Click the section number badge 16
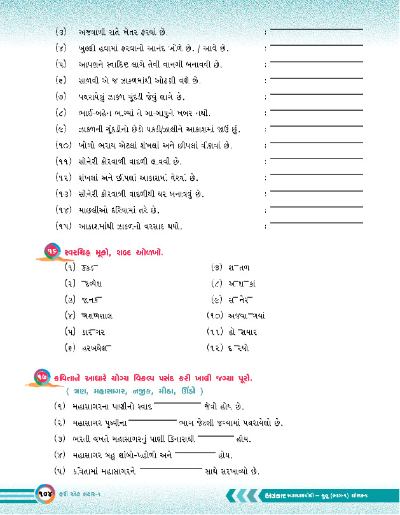pos(51,253)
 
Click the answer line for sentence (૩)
pos(304,31)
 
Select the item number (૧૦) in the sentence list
pos(64,145)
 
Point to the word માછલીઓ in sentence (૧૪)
pos(95,209)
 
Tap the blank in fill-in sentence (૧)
pos(177,404)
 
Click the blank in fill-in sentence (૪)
pos(195,453)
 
